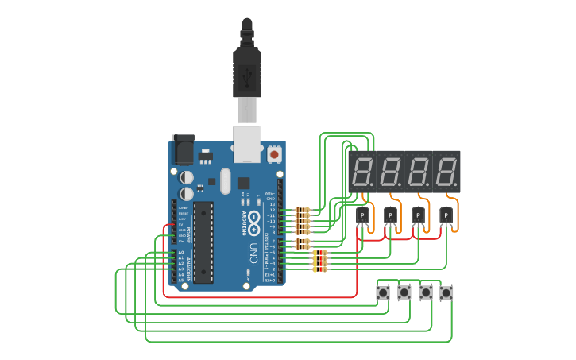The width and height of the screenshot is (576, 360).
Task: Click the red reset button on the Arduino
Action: coord(275,153)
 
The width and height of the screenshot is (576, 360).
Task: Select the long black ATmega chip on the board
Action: coord(203,242)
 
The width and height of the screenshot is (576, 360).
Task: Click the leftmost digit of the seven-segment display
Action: coord(365,172)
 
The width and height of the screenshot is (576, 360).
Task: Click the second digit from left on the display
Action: coord(392,172)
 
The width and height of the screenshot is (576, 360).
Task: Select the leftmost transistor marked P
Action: coord(362,216)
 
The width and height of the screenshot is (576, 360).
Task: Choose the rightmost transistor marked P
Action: coord(446,216)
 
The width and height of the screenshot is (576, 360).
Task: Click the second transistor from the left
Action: coord(390,216)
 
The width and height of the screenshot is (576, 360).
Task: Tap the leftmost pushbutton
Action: coord(384,293)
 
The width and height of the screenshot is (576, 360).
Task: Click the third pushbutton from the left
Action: coord(426,293)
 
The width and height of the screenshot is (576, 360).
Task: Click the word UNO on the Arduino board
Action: coord(253,254)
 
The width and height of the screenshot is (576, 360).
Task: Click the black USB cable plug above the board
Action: coord(246,68)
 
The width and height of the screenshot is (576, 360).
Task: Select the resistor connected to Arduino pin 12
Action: coord(302,211)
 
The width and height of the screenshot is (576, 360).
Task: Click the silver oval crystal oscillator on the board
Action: coord(225,181)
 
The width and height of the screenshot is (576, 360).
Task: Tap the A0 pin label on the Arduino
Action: coord(180,253)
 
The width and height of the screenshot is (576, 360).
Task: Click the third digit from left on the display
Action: coord(419,172)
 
